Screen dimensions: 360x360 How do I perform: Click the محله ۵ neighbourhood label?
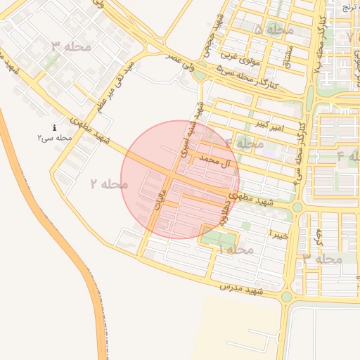274,30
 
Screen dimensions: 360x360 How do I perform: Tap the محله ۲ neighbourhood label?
109,184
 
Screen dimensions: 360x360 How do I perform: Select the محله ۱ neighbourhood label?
235,250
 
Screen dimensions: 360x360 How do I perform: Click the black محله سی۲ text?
55,139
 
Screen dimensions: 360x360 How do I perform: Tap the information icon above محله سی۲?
55,127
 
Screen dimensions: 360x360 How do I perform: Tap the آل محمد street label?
215,161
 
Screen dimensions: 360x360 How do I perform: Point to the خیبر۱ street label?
278,233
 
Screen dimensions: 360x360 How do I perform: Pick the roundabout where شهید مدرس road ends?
286,297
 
